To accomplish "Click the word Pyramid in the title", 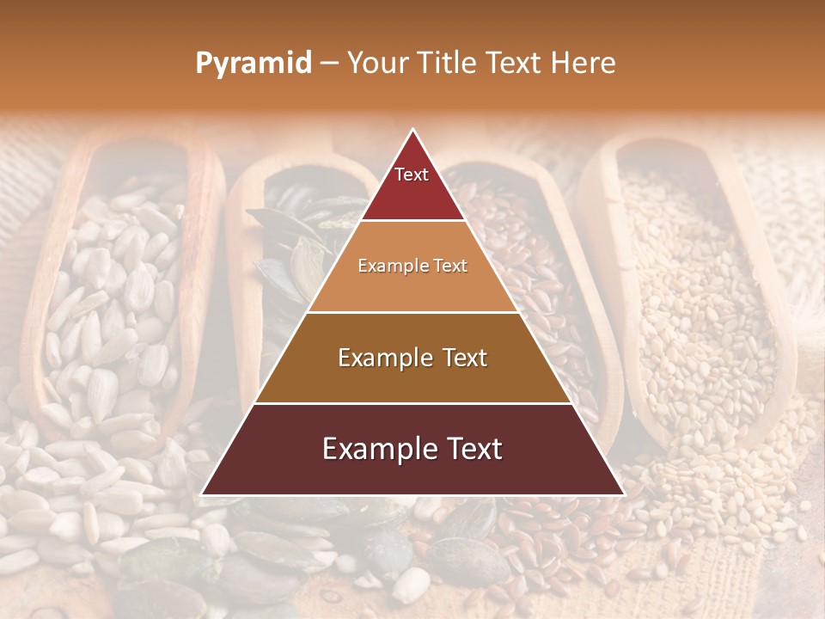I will [253, 64].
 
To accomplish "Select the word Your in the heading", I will [378, 63].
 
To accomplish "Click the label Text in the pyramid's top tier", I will [412, 175].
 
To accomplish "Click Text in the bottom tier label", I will [467, 449].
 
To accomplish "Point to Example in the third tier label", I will [377, 358].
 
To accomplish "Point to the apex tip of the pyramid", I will [412, 130].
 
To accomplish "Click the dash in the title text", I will [329, 64].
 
